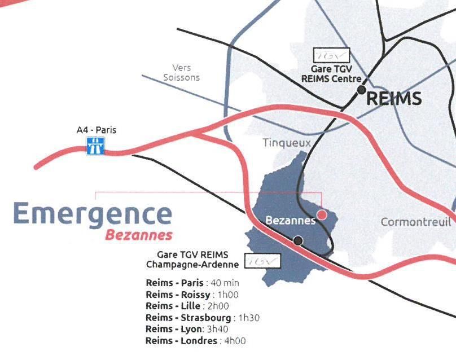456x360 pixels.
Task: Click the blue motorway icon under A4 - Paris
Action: point(94,147)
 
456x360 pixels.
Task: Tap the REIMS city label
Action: point(394,99)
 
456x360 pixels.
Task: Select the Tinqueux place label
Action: point(287,143)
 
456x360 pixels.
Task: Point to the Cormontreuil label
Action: point(416,222)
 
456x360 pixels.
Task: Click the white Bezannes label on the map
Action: point(290,220)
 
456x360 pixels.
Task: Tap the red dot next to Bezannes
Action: point(321,214)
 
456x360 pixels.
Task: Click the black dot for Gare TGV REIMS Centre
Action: point(361,90)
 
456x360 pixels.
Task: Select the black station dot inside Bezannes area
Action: point(298,241)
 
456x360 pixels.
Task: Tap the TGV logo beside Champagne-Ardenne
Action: point(262,262)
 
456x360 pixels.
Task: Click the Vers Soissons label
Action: point(181,72)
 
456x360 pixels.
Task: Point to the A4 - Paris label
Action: point(96,130)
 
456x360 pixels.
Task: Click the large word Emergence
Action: point(92,214)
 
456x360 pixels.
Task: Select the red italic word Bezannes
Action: point(139,235)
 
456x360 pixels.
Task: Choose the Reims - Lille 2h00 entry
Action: point(187,306)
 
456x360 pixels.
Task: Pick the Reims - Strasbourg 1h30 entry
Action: point(202,318)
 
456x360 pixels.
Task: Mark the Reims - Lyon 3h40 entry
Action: point(187,329)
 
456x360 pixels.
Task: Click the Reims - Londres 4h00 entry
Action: point(195,341)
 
